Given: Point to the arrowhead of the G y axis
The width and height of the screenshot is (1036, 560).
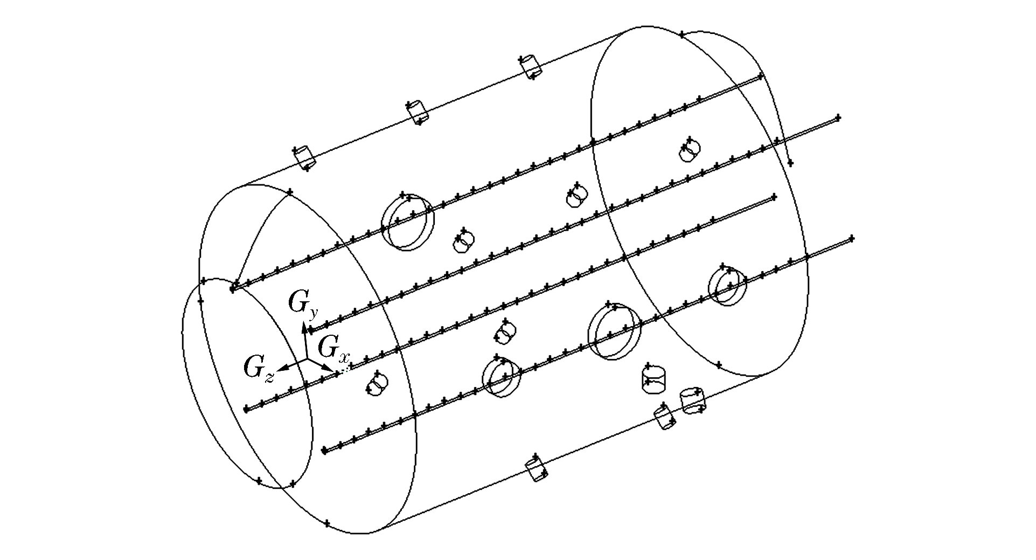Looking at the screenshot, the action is pyautogui.click(x=304, y=326).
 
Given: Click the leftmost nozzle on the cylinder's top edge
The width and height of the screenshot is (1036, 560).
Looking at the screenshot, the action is pyautogui.click(x=304, y=157).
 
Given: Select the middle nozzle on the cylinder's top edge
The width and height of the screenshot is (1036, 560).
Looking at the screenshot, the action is pyautogui.click(x=418, y=112).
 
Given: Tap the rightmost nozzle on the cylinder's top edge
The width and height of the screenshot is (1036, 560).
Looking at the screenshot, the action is pyautogui.click(x=530, y=67).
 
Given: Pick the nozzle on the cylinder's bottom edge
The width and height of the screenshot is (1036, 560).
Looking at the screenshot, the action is pyautogui.click(x=537, y=469).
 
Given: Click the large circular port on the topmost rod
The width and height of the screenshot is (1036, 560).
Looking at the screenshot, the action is pyautogui.click(x=407, y=222).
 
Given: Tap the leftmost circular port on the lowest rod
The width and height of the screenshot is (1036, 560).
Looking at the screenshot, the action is pyautogui.click(x=502, y=376).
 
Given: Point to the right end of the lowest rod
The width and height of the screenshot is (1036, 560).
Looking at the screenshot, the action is pyautogui.click(x=851, y=238).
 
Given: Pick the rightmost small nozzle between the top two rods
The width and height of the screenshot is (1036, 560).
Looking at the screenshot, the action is pyautogui.click(x=689, y=150).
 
